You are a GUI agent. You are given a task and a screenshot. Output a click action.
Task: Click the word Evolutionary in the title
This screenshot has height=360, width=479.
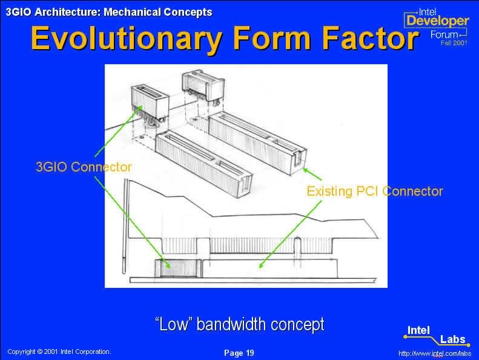coord(127,39)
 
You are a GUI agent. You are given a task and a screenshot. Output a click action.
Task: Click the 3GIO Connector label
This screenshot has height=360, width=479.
coord(84,167)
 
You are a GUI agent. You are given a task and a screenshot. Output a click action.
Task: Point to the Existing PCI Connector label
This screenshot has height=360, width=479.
coord(375,191)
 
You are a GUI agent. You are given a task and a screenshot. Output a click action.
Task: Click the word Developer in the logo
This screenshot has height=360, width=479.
coord(437,21)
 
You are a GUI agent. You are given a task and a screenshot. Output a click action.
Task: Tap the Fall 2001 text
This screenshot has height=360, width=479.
coord(454,43)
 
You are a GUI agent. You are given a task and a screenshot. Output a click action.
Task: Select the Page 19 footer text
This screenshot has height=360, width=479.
coord(239,353)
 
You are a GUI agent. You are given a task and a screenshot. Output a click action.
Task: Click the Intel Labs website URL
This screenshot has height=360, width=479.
coord(435,353)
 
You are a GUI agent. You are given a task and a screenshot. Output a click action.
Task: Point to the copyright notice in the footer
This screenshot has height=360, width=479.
coord(59,352)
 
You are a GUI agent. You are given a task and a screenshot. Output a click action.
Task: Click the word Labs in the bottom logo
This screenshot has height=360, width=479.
coord(452,339)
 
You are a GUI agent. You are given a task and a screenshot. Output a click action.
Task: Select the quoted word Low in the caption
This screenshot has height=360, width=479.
coord(174,324)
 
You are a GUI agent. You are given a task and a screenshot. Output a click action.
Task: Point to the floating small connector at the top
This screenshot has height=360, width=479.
coord(203,86)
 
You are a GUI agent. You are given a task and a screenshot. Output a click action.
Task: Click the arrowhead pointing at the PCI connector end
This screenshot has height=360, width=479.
coord(305,169)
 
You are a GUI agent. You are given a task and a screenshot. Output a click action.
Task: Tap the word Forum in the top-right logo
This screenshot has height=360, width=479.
coord(444,35)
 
